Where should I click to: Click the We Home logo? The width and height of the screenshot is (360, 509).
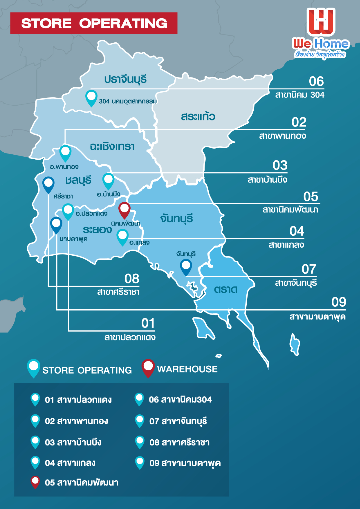point(321,33)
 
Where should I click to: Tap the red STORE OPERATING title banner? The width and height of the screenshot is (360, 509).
point(94,23)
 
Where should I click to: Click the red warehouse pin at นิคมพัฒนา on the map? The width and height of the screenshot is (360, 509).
point(124,210)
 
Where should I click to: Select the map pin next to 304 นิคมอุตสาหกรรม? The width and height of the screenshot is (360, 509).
point(91,98)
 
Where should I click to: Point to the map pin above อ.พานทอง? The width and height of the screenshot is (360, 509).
point(65,153)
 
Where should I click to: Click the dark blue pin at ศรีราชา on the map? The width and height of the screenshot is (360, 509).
point(49,184)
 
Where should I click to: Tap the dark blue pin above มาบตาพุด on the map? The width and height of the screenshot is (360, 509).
point(56,225)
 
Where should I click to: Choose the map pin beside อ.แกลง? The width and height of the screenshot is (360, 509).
point(122,237)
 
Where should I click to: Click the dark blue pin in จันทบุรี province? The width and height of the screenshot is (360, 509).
point(186,267)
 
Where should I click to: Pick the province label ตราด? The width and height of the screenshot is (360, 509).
point(226,289)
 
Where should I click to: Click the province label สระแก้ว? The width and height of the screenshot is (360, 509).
point(198,117)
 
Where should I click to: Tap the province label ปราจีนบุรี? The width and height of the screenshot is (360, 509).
point(125,79)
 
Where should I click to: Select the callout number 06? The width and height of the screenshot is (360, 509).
point(316,81)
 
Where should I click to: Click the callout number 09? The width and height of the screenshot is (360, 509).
point(339,302)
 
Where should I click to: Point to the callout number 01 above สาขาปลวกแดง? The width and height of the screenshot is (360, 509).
point(148,323)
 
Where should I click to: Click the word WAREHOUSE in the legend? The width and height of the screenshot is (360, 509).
point(187,369)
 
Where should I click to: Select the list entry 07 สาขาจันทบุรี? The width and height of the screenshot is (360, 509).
point(178,421)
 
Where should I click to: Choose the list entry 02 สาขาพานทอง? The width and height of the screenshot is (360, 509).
point(76,421)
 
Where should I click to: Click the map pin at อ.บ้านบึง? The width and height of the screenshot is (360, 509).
point(108,181)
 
